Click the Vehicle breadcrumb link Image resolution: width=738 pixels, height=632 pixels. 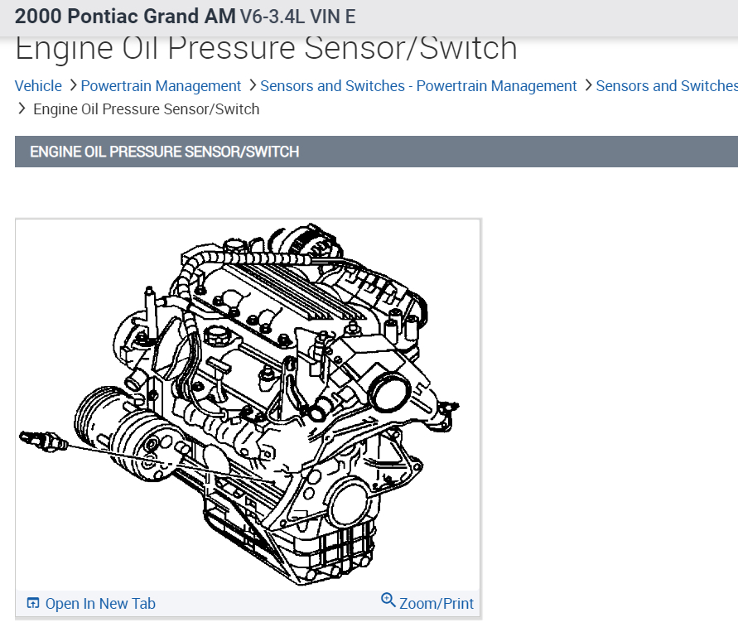(38, 86)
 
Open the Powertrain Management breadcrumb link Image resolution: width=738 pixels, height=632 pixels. (161, 86)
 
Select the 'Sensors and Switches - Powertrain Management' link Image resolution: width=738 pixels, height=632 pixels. (418, 86)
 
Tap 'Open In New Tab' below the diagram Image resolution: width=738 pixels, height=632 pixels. (100, 604)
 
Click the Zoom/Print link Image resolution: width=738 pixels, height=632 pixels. (437, 604)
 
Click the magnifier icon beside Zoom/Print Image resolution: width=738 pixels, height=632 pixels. (388, 601)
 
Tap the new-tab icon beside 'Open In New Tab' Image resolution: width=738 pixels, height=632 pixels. (33, 604)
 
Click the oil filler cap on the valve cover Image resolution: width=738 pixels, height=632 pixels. (218, 335)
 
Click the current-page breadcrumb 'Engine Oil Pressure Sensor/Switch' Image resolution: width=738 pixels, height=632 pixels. (146, 109)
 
